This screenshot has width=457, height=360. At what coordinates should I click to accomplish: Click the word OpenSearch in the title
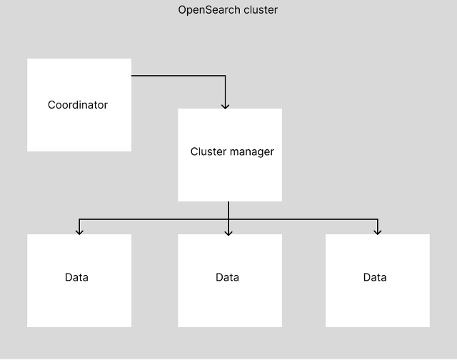[210, 10]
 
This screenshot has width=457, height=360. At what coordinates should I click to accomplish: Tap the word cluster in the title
[261, 10]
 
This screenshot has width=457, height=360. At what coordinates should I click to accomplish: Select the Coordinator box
[79, 105]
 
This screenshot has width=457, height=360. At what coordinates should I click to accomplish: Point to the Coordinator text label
[78, 105]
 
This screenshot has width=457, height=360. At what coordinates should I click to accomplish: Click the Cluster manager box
[230, 155]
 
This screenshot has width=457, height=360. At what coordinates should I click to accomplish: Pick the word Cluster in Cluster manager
[209, 151]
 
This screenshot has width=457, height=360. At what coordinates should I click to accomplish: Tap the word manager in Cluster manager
[252, 152]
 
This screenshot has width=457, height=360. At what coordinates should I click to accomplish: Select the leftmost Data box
[79, 281]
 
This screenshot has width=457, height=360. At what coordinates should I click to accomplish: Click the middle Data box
[230, 281]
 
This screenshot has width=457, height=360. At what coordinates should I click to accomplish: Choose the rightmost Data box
[378, 281]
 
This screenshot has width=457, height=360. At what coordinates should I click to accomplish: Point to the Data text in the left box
[76, 277]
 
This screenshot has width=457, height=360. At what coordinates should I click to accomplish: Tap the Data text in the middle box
[227, 277]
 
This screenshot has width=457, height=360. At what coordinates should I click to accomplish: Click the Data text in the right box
[375, 277]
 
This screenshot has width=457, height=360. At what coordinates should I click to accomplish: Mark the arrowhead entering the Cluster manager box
[225, 106]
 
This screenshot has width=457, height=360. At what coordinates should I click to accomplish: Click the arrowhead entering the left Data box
[79, 232]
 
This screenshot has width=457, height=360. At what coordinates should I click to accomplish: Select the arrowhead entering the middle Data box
[228, 233]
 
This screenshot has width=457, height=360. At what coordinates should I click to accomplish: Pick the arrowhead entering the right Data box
[378, 232]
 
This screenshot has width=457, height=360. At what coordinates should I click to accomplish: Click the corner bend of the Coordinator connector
[225, 76]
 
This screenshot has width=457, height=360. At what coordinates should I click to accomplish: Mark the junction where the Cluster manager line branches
[228, 219]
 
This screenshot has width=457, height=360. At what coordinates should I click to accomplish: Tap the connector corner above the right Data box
[378, 219]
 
